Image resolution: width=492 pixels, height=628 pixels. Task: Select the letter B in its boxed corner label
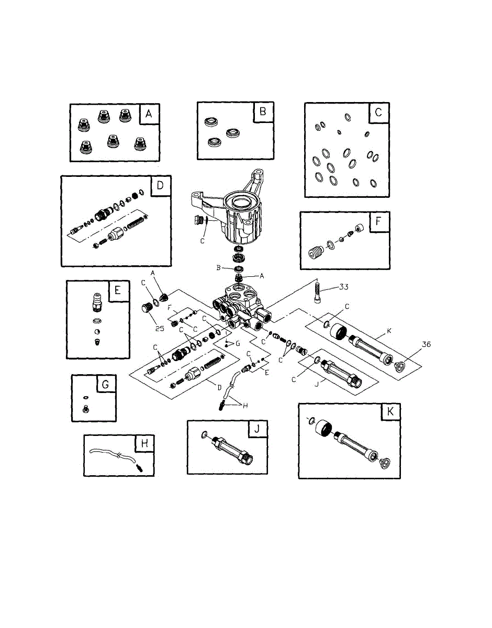click(263, 111)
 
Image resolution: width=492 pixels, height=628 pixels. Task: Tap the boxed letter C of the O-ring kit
click(378, 113)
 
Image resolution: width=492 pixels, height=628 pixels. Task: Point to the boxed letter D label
click(160, 186)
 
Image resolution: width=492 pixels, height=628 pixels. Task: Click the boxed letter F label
click(378, 221)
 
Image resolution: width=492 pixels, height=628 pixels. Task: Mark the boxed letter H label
click(144, 444)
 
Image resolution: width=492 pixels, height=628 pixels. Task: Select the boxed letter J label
click(256, 430)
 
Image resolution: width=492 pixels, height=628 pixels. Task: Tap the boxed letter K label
click(390, 412)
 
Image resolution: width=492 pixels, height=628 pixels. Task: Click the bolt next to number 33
click(317, 290)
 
